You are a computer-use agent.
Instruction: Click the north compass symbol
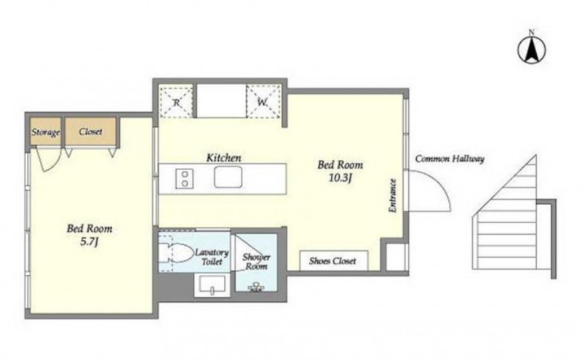tap(532, 49)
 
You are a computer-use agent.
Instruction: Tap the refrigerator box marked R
tap(176, 101)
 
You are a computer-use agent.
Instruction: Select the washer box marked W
tap(263, 101)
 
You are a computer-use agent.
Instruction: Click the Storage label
tap(46, 132)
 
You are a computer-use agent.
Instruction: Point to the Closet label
tap(90, 132)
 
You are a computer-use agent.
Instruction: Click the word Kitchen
tap(223, 158)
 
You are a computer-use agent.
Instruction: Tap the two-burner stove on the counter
tap(184, 178)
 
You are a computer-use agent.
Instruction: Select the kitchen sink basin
tap(228, 177)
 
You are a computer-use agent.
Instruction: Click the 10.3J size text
tap(340, 178)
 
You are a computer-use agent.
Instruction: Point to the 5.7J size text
tap(89, 242)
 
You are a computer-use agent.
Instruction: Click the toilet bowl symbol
tap(175, 253)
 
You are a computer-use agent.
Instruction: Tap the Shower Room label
tap(256, 262)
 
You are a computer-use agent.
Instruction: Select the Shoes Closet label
tap(332, 261)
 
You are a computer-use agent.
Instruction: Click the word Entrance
tap(392, 196)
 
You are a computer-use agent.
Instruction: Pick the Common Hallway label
tap(450, 159)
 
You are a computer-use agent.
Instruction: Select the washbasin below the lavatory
tap(212, 284)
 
